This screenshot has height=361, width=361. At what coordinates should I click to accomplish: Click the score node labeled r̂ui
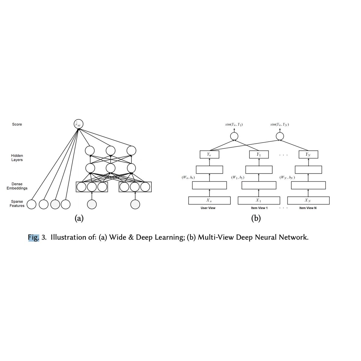78,124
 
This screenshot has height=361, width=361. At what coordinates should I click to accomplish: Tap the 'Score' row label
17,124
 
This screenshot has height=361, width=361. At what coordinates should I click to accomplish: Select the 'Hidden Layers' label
17,158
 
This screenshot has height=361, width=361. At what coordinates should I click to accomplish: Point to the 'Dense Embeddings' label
17,186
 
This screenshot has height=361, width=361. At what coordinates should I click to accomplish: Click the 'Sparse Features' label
17,204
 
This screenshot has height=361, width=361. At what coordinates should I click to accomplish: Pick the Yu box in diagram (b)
209,154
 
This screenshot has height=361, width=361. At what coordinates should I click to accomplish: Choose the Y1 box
259,154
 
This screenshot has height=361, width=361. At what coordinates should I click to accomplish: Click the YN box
308,154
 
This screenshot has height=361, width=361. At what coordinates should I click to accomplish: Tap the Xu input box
209,200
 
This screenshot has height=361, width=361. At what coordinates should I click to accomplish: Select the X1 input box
259,200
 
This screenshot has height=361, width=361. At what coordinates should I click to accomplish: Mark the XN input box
308,200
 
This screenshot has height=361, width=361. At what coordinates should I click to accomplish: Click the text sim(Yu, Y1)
234,124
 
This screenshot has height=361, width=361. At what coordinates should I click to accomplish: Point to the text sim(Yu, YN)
279,124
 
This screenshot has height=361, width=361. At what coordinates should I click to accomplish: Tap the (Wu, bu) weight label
188,177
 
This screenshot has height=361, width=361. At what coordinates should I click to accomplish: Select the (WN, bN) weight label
287,177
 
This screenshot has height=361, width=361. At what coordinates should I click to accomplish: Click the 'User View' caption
208,208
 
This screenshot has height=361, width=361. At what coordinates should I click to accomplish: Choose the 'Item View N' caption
308,208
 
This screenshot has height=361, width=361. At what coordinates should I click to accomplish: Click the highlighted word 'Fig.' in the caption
34,237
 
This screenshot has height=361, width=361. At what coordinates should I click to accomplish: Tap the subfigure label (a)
79,218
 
